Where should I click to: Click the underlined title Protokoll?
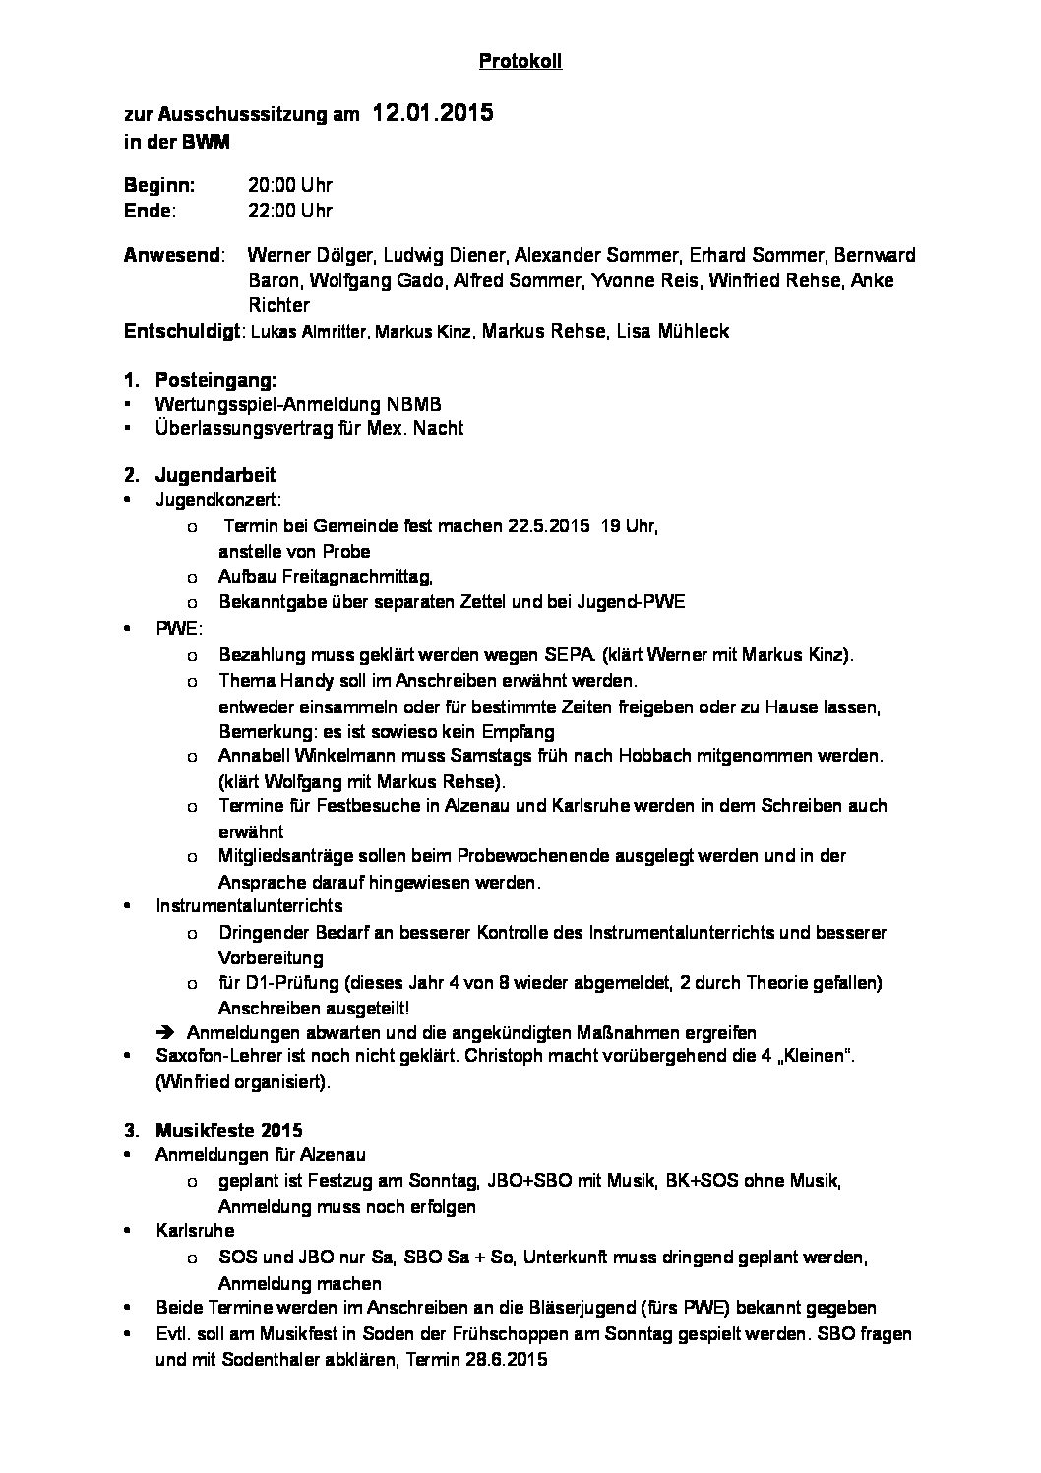click(520, 62)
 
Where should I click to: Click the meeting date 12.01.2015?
click(432, 114)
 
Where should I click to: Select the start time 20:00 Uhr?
click(290, 185)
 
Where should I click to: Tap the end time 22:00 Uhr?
click(290, 211)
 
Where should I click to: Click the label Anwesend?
click(172, 256)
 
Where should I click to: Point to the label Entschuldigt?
click(183, 332)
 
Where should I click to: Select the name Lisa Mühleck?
click(672, 332)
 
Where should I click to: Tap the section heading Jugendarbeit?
click(215, 475)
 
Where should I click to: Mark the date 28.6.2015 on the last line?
click(500, 1361)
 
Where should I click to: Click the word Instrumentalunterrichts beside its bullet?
click(249, 906)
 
